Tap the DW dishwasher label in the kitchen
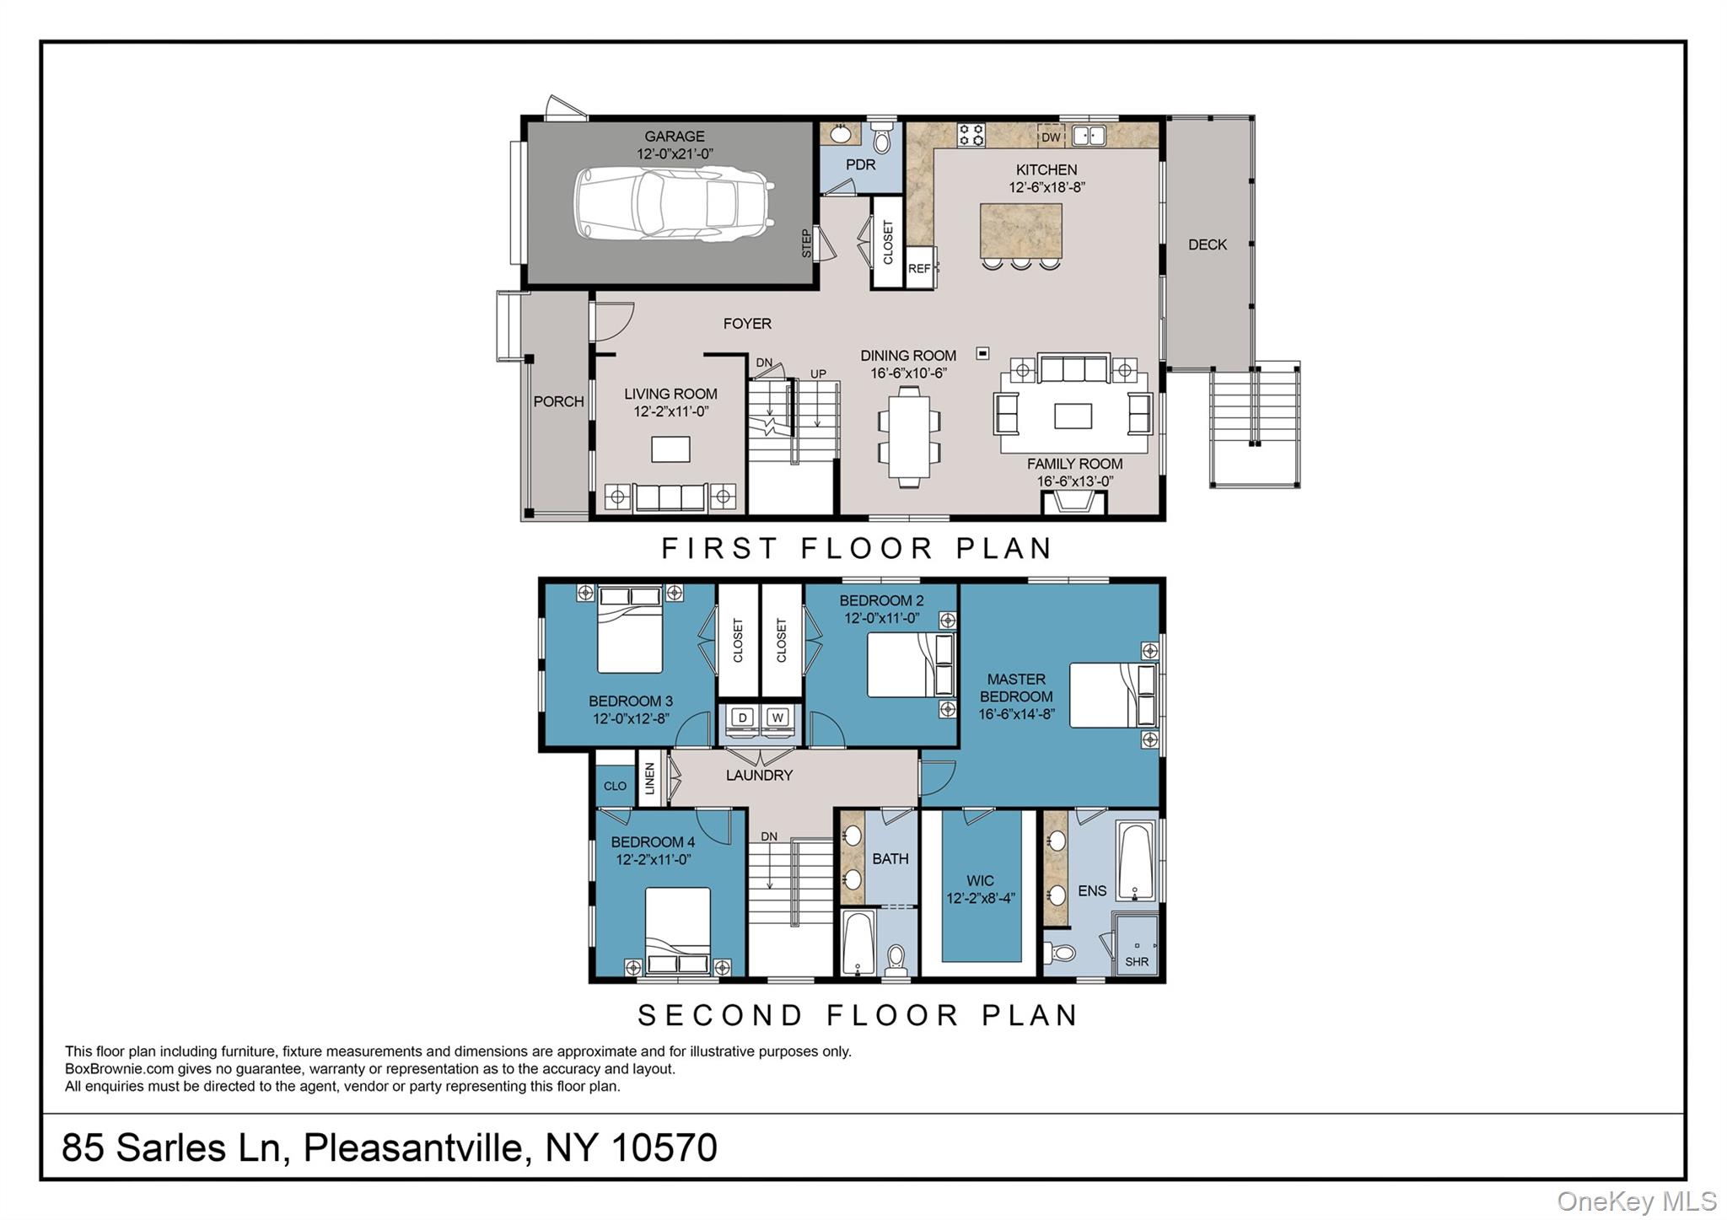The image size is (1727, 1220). coord(1051,137)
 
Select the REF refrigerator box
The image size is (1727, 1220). coord(919,269)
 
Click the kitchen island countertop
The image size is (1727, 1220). coord(1020,231)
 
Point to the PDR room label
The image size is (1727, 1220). coord(860,165)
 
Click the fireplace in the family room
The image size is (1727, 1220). coord(1073,503)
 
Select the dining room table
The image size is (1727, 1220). coord(908,436)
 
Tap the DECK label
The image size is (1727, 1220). coord(1207,245)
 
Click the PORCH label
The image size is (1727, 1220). coord(558,402)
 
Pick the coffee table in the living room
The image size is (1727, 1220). coord(670,449)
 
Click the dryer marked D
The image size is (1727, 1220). coord(742,718)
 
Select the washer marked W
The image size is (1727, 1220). coord(778,718)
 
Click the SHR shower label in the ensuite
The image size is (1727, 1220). coord(1136,962)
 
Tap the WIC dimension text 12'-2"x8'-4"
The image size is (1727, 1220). coord(980,899)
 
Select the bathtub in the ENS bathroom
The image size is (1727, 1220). coord(1137,862)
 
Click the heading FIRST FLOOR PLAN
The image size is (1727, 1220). coord(857,549)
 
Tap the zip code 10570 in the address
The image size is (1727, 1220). coord(664,1147)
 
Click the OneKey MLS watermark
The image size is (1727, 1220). coord(1636,1201)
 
